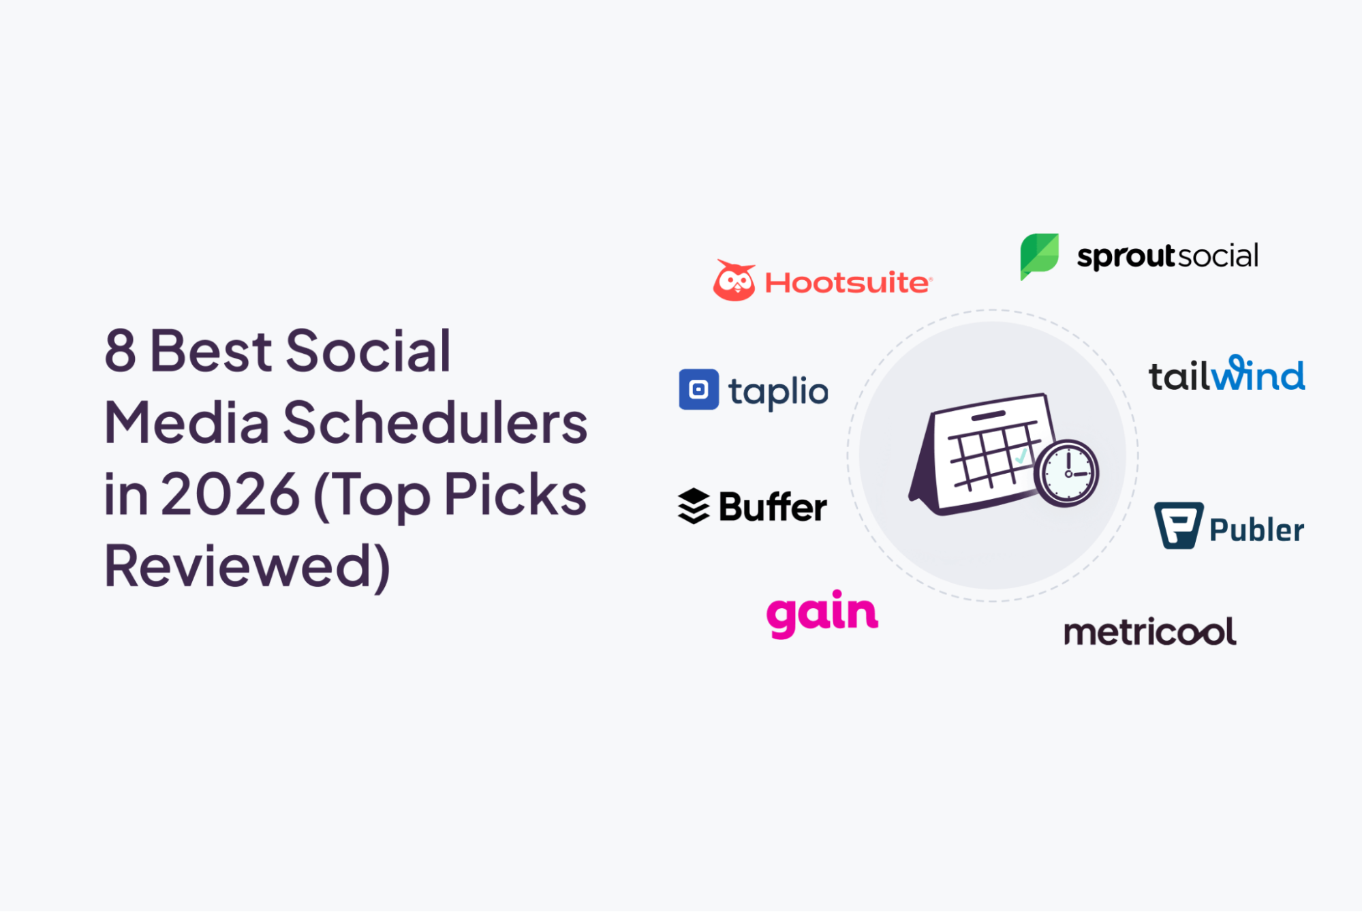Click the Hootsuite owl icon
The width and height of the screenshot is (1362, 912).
(x=734, y=280)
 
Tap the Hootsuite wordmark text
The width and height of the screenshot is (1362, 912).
(x=848, y=283)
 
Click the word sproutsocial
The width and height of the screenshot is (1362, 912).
(x=1167, y=256)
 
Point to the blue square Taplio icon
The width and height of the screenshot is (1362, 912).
(x=698, y=389)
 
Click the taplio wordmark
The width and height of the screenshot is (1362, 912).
(x=778, y=392)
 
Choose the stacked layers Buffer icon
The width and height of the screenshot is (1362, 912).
(x=694, y=506)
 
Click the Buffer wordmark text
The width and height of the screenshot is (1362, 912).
(x=773, y=507)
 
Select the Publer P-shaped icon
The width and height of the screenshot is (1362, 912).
(x=1178, y=526)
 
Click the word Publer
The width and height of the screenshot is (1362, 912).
(x=1256, y=530)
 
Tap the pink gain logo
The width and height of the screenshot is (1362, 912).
(x=822, y=614)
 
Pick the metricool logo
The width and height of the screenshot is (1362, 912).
(x=1150, y=632)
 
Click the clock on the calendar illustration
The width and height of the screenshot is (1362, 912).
(x=1067, y=473)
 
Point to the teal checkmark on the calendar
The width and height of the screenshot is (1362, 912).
(x=1020, y=456)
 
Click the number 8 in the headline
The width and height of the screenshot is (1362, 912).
(x=120, y=350)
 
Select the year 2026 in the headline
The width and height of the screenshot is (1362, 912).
(x=230, y=494)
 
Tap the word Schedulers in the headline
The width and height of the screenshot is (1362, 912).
(x=435, y=423)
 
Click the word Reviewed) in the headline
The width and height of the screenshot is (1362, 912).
(x=247, y=566)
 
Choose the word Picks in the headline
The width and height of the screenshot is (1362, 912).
(x=515, y=493)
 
